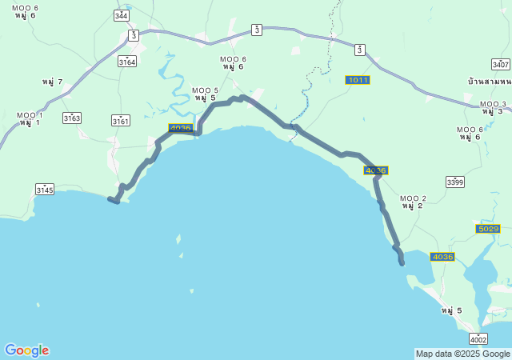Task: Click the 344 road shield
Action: coord(121,16)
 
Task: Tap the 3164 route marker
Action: coord(126,62)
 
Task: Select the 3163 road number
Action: coord(72,118)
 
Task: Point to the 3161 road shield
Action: coord(120,121)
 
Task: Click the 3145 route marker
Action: coord(45,190)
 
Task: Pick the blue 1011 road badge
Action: coord(358,80)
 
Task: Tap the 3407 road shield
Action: coord(501,64)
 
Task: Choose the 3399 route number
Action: coord(455,182)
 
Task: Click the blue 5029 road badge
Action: coord(487,229)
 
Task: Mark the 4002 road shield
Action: coord(478,339)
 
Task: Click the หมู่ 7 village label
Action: coord(53,82)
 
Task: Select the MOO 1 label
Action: coord(30,115)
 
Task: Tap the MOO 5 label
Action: coord(205,90)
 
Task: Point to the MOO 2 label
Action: coord(413,198)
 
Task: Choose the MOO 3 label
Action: coord(493,104)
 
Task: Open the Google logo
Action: coord(26,350)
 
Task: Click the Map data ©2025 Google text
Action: coord(462,354)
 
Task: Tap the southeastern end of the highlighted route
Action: coord(402,262)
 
